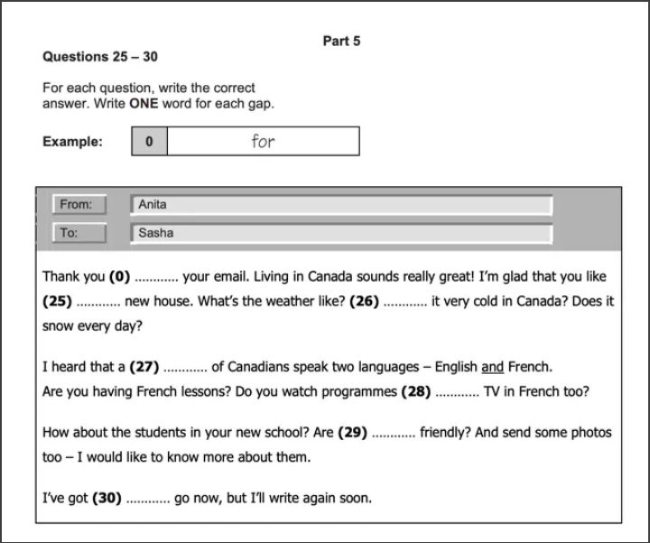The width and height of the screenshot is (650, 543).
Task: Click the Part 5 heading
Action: tap(341, 41)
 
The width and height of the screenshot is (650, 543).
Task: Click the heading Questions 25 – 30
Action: tap(100, 56)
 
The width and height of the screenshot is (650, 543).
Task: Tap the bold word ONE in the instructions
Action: tap(144, 103)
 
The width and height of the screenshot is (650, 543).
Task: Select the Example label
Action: tap(72, 141)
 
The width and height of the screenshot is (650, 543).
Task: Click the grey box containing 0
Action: tap(149, 141)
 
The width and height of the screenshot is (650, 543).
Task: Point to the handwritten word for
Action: tap(263, 141)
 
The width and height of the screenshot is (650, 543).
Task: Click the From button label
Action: tap(79, 204)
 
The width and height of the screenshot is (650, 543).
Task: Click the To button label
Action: tap(79, 232)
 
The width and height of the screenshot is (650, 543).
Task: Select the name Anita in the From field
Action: tap(153, 204)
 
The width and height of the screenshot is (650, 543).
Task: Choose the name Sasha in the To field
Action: tap(155, 232)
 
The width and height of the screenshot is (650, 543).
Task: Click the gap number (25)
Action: tap(57, 301)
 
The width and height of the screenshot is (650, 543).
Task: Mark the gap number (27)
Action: tap(144, 367)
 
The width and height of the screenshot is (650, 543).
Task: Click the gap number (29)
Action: tap(352, 433)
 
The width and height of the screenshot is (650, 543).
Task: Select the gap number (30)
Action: tap(107, 498)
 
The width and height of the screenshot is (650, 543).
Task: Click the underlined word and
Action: tap(492, 367)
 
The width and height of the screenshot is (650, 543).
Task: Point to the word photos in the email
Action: tap(590, 433)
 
